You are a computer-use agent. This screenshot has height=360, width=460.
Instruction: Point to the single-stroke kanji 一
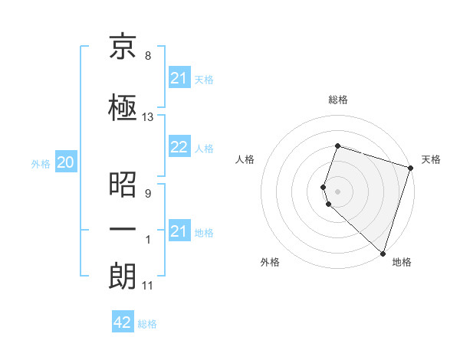coord(123,229)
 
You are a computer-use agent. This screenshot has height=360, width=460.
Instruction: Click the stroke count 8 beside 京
coord(147,57)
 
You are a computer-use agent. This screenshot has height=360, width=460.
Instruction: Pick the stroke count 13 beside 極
coord(148,117)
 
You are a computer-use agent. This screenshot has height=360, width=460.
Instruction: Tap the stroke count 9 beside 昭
coord(147,193)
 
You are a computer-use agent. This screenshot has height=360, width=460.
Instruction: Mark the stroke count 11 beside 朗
coord(148,286)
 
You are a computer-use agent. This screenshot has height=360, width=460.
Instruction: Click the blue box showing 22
coord(179,148)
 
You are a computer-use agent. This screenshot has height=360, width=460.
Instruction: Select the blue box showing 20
coord(66,162)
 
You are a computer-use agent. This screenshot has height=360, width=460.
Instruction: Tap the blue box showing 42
coord(123,322)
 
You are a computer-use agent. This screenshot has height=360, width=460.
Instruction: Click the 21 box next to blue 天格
coord(179,78)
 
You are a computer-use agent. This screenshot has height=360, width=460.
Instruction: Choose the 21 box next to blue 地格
coord(179,231)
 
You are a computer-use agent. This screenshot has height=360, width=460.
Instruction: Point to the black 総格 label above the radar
coord(337,100)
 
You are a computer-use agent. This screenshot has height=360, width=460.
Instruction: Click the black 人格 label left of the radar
coord(245,159)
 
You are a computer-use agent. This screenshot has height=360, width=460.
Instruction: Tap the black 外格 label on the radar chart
coord(269,263)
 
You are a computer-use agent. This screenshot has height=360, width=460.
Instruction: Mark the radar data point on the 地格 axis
coord(382,253)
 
